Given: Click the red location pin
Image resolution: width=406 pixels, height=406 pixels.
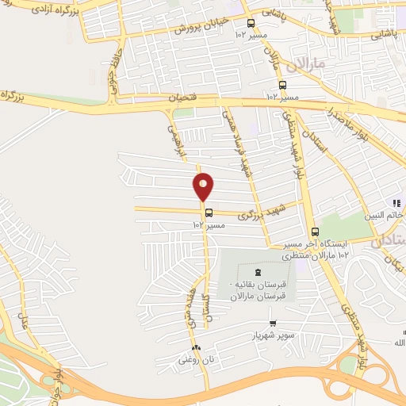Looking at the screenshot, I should (x=204, y=186).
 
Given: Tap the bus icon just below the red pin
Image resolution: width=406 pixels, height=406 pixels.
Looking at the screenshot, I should (x=209, y=212).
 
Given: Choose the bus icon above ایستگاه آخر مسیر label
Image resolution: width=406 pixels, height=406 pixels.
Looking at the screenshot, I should (x=315, y=232).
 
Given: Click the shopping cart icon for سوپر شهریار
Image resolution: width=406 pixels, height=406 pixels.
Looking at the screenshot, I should (x=273, y=324).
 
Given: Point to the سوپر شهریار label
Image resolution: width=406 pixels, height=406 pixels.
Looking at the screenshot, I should (x=268, y=335).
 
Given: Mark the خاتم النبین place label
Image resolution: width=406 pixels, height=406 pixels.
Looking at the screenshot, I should (x=388, y=214).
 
